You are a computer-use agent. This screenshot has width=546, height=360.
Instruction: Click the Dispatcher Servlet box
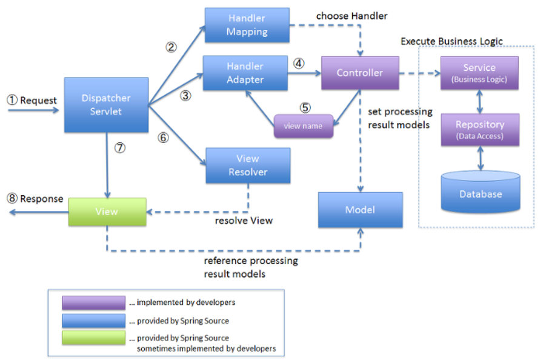(x=106, y=105)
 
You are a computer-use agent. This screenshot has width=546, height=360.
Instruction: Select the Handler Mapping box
(x=247, y=25)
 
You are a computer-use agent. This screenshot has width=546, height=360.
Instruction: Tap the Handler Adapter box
(x=245, y=73)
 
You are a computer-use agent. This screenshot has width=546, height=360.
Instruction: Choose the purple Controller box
(x=360, y=73)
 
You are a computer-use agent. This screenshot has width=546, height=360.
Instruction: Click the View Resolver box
(x=248, y=165)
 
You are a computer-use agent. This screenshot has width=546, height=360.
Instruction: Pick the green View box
(x=107, y=212)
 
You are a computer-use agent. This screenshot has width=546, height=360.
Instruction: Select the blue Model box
(x=361, y=210)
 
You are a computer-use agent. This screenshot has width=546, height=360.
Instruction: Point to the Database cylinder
(x=481, y=192)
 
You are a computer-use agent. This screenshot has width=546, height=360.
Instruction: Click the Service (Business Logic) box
(x=479, y=73)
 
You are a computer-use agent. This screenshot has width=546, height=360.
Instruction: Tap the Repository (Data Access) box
(x=480, y=130)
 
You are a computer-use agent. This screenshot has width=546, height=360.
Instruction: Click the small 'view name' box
(x=303, y=125)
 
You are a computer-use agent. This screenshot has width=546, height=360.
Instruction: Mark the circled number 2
(x=171, y=47)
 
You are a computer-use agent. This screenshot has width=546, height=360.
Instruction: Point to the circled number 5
(x=305, y=108)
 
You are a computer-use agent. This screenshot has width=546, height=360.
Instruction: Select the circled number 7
(x=120, y=148)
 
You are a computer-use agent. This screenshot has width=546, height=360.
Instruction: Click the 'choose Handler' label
(x=351, y=16)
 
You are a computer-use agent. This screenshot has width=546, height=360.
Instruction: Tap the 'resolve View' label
(x=244, y=221)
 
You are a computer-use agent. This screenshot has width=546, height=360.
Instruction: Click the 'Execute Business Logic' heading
(x=451, y=41)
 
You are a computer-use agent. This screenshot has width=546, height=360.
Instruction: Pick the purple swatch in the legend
(x=94, y=302)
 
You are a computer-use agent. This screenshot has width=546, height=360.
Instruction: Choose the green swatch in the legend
(x=94, y=338)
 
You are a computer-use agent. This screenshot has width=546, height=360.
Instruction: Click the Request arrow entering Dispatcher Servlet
(x=33, y=110)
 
